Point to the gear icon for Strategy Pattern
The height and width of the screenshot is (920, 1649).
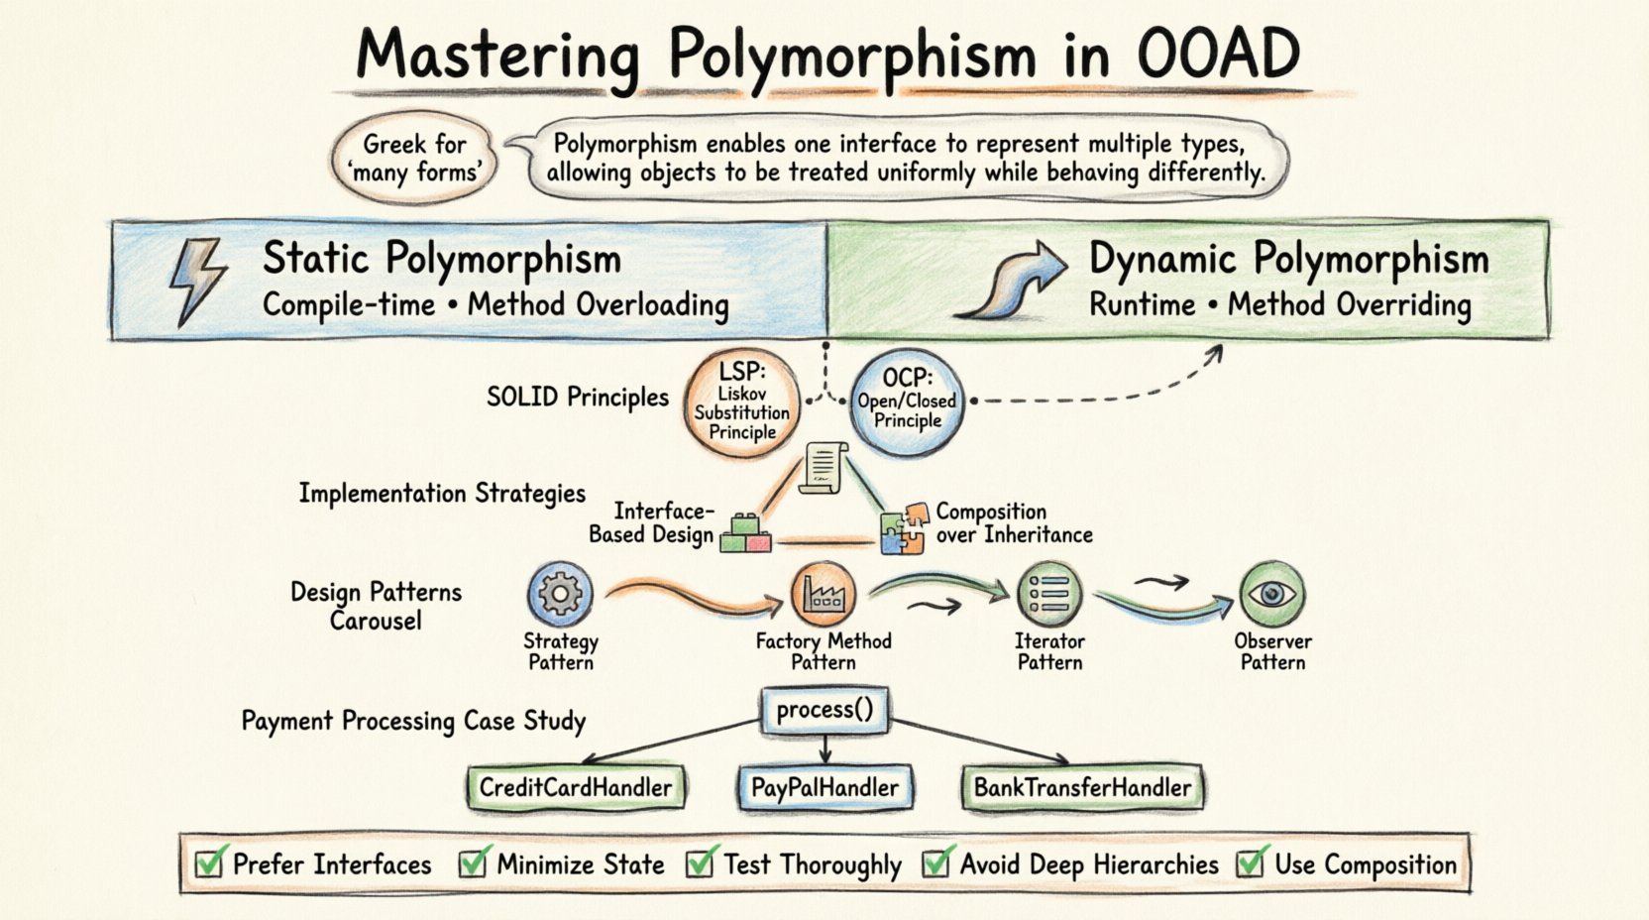(x=560, y=594)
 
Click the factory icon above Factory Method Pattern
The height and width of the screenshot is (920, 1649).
(x=823, y=594)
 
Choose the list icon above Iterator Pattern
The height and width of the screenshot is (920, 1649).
(x=1049, y=594)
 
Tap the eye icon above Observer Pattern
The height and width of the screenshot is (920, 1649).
(x=1271, y=594)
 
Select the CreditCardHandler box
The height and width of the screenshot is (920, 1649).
(x=576, y=788)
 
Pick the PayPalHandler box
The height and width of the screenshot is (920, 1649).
(x=824, y=788)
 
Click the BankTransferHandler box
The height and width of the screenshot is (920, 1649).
(x=1082, y=788)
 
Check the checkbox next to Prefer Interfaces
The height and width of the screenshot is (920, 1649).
(x=209, y=863)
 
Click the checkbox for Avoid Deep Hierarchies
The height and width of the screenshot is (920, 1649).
(x=936, y=863)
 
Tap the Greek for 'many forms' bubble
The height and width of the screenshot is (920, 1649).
(x=414, y=159)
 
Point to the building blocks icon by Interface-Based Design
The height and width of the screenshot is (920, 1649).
(x=745, y=533)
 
